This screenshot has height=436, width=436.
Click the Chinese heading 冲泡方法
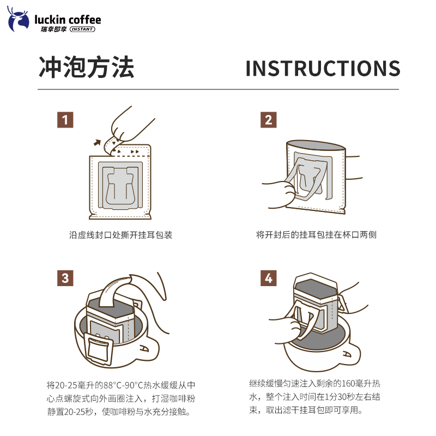pos(86,68)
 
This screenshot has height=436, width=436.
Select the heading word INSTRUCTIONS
pos(323,69)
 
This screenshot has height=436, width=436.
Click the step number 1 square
pos(65,120)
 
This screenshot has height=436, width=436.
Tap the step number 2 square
pos(268,120)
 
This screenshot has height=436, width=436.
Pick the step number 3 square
pos(65,278)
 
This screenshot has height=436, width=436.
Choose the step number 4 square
pos(268,278)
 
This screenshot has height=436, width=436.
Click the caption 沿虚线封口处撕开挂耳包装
pos(121,235)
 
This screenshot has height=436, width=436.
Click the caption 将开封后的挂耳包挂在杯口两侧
pos(317,235)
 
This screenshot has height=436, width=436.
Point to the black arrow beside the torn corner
pos(98,143)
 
